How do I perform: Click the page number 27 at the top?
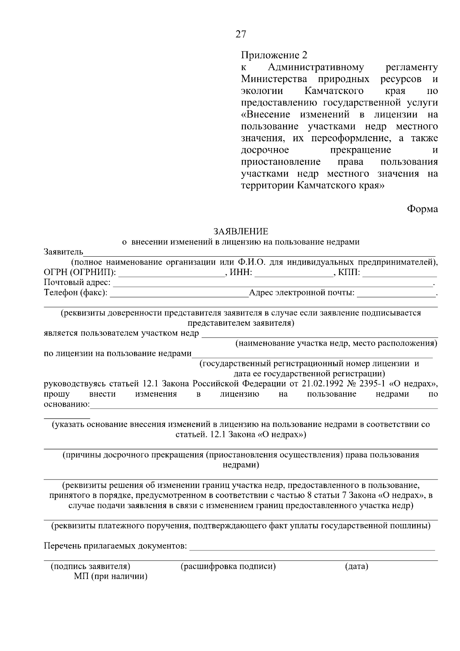(x=241, y=35)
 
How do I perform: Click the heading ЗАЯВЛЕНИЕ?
(x=241, y=231)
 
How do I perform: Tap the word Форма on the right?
(x=422, y=209)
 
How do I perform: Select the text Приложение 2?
(x=274, y=55)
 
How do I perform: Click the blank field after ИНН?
(x=294, y=273)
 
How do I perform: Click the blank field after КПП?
(x=399, y=273)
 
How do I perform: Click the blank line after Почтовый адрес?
(x=272, y=283)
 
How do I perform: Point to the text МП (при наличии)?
(x=111, y=577)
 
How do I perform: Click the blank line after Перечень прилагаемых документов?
(x=312, y=546)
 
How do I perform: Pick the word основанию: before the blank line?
(x=67, y=404)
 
